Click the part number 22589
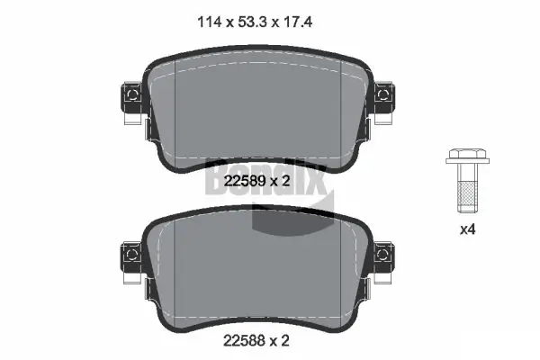238,182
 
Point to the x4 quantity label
467,229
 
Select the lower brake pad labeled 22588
256,270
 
